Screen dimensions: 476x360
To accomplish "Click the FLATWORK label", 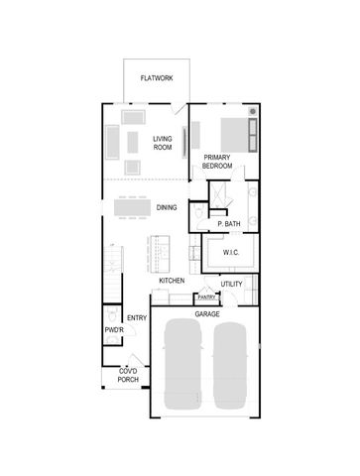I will tap(156, 77).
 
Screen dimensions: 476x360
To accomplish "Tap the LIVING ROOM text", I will tap(163, 143).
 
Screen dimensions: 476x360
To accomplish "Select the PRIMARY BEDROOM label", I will tap(217, 162).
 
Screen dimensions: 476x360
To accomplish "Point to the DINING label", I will tap(167, 207).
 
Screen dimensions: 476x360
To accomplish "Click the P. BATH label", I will tap(229, 224).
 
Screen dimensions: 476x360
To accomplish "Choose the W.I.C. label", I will tap(231, 253).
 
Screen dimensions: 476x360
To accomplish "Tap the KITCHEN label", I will tap(173, 282).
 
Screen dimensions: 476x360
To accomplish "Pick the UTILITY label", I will tap(232, 285).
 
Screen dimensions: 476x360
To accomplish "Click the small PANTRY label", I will tap(206, 297).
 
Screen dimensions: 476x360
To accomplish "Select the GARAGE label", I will tap(206, 313).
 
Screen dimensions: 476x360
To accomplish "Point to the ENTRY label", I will tap(137, 318).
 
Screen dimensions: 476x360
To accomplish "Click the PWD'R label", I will tap(112, 329).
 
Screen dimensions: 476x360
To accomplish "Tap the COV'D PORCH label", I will tap(128, 375).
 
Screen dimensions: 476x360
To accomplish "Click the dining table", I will tap(131, 208).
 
